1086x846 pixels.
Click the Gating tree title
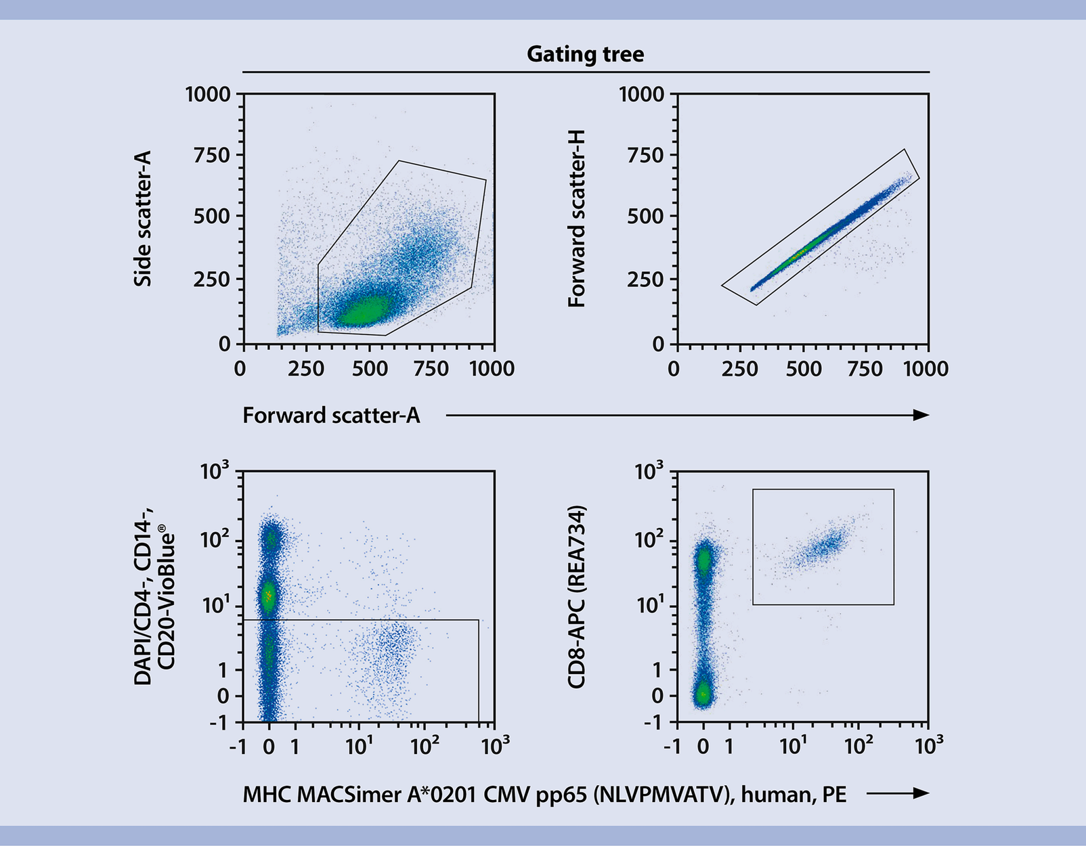(585, 54)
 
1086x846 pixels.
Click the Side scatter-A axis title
(143, 219)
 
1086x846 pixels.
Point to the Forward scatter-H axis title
(576, 219)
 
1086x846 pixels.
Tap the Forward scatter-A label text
(331, 415)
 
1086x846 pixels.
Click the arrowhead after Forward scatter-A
(921, 415)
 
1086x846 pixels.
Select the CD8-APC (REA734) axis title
(576, 597)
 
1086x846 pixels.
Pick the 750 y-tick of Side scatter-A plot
(211, 155)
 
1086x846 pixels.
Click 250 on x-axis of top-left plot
(306, 369)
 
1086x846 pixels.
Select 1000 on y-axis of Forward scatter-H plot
(641, 94)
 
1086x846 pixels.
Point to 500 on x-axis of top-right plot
(803, 369)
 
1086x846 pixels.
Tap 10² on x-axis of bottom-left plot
(424, 746)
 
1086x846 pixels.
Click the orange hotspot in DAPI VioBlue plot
(268, 596)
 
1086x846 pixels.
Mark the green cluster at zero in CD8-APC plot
(703, 694)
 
